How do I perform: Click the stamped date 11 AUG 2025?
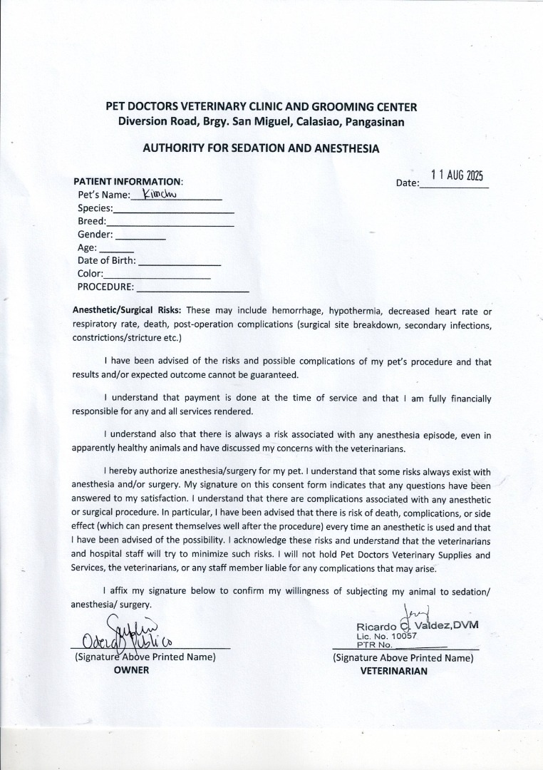[457, 176]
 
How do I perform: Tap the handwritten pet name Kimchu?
[154, 193]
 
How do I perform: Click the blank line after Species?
[174, 212]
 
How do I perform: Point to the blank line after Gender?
[140, 238]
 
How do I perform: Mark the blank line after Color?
[157, 277]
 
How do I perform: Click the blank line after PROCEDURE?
[192, 291]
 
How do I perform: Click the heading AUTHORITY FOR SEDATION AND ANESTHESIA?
[261, 149]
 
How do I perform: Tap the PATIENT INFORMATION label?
[128, 181]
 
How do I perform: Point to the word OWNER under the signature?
[132, 670]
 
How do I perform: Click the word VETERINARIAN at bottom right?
[394, 671]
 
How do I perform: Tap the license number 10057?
[402, 635]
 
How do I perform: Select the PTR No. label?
[371, 643]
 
